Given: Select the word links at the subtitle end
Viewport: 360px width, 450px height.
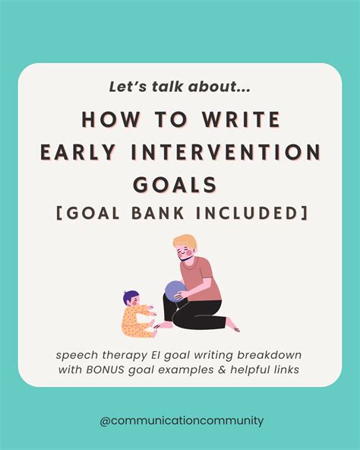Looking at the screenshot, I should (284, 369).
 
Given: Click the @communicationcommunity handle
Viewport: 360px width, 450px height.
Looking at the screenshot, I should (180, 420).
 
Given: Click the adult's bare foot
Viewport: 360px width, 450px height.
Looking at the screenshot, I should (231, 328).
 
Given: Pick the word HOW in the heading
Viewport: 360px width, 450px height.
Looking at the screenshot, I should (105, 119).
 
